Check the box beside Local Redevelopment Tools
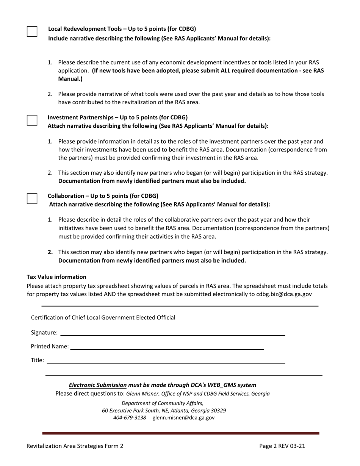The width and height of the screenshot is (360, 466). coord(32,31)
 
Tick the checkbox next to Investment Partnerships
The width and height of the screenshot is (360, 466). coord(32,120)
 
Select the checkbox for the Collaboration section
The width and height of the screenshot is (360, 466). coord(32,199)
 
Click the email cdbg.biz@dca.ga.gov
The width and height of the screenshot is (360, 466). coord(284,294)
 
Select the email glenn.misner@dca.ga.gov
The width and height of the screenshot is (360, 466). coord(183,418)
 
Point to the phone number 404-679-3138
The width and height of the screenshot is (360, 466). coord(129,418)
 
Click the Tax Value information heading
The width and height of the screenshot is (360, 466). coord(56,277)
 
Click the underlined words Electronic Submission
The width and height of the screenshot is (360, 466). coord(97,385)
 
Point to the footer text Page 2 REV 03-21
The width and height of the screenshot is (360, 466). coord(282,446)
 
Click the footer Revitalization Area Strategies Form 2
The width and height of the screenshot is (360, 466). coord(75,446)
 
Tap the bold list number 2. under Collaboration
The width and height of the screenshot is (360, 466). coord(50,252)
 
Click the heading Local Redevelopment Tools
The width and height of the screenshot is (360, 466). coord(87,29)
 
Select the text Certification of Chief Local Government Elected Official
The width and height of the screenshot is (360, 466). coord(103,317)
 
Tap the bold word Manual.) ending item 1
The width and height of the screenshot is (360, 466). coord(70,79)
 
